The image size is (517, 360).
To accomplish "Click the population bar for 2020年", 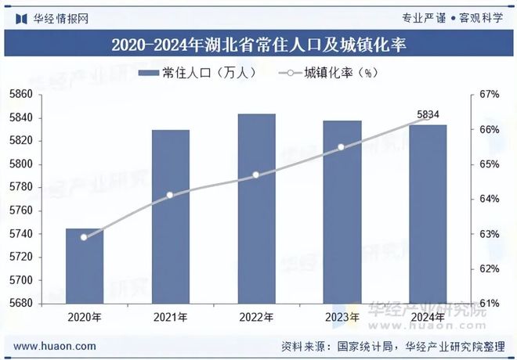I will pyautogui.click(x=84, y=266).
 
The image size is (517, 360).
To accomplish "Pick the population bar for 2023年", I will pyautogui.click(x=342, y=212).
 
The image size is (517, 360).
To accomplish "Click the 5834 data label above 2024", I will pyautogui.click(x=428, y=114).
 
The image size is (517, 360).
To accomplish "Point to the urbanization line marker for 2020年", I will pyautogui.click(x=84, y=237).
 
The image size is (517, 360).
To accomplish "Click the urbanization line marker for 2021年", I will pyautogui.click(x=170, y=195).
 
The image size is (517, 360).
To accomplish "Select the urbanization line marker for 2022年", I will pyautogui.click(x=256, y=175).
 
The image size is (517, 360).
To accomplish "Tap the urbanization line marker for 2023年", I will pyautogui.click(x=342, y=147).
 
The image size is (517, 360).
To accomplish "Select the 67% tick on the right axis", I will pyautogui.click(x=489, y=95).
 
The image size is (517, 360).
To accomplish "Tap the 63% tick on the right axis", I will pyautogui.click(x=489, y=234).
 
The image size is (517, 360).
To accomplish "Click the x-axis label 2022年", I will pyautogui.click(x=256, y=318).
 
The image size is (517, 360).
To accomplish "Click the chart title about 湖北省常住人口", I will pyautogui.click(x=258, y=42).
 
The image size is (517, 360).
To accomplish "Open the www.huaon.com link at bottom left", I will pyautogui.click(x=56, y=345).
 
